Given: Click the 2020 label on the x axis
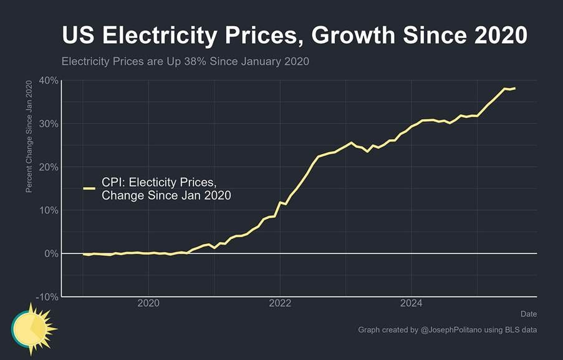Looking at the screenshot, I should coord(148,304).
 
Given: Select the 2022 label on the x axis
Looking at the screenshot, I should coord(280,304).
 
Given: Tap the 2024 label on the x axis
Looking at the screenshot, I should coord(411,304).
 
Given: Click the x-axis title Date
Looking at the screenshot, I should coord(528,314).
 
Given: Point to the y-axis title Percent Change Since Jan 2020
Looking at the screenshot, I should coord(29,140).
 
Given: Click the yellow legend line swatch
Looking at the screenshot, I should coord(89,188).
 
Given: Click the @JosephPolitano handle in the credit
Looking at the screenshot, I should coord(456,329).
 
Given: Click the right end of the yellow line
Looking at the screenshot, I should coord(515,88).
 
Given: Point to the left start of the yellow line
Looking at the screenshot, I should coord(83,254).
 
